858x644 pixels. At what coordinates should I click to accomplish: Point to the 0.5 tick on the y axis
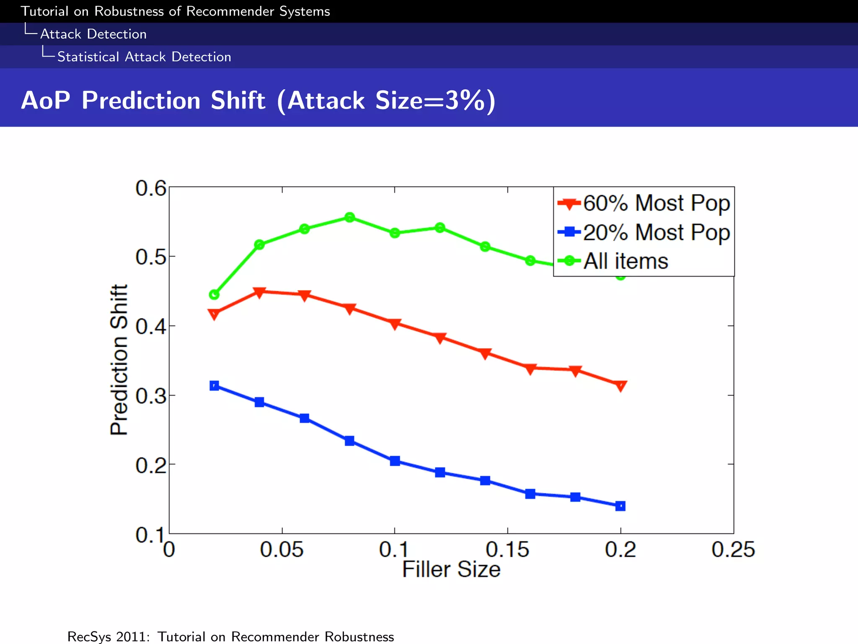[150, 257]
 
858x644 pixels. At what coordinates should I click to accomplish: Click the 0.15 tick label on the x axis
[507, 549]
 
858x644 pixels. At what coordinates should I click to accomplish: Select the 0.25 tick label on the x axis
[733, 549]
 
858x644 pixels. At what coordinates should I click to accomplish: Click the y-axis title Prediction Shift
[119, 360]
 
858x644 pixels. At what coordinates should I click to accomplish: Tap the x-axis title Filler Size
[451, 569]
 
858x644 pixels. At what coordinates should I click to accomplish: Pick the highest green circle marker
[350, 217]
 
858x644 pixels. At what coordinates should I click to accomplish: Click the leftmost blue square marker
[214, 385]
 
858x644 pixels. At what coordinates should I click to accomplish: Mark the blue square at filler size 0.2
[620, 506]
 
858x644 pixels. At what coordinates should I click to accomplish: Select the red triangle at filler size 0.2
[620, 385]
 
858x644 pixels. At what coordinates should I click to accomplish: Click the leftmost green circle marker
[214, 295]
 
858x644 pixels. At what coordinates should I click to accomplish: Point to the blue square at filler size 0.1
[395, 461]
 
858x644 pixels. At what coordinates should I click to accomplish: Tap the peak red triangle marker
[259, 292]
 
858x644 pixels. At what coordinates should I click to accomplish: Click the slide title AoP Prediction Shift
[258, 101]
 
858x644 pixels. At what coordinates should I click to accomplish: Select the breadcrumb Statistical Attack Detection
[144, 57]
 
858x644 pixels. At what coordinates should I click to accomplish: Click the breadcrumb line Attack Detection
[93, 34]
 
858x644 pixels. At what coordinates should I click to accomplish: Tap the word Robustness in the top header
[129, 11]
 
